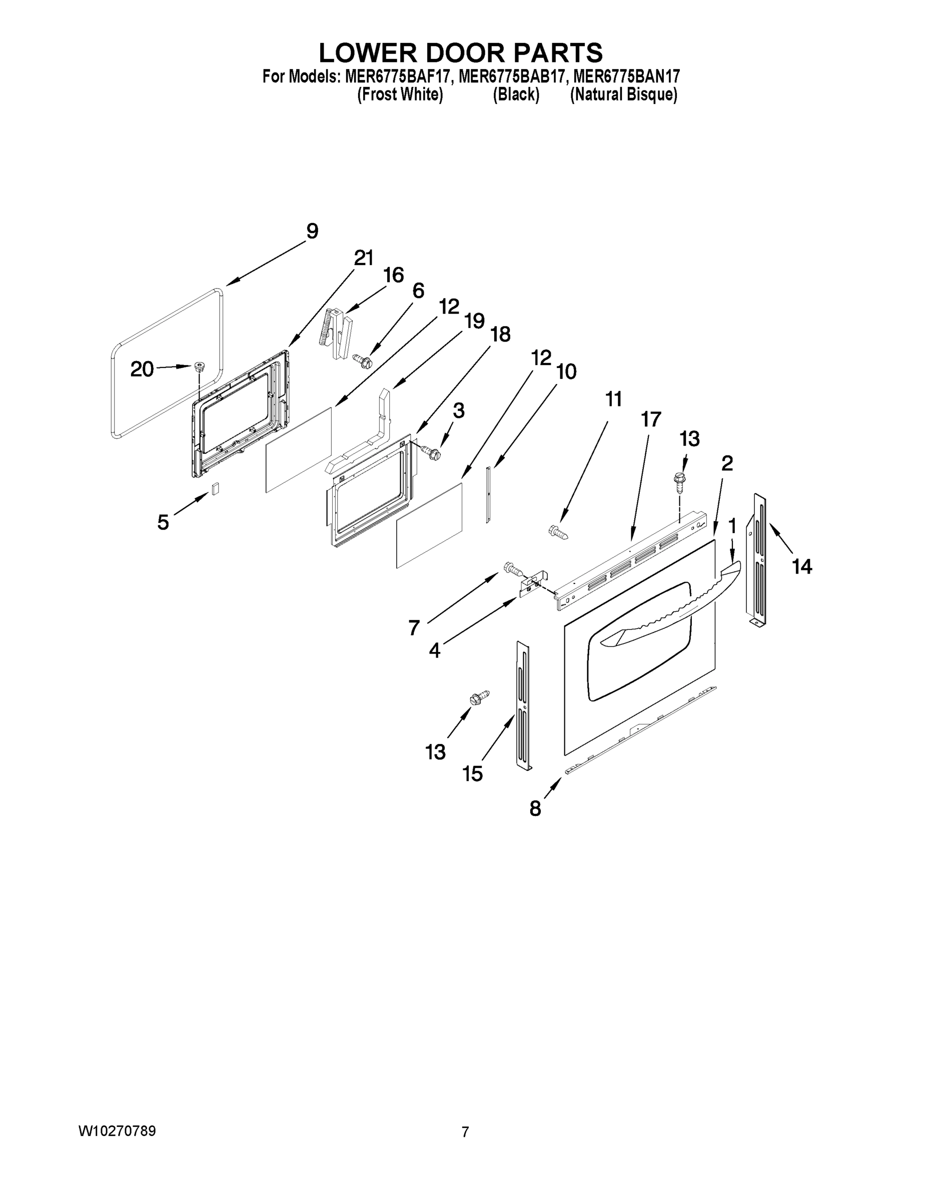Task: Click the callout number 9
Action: [x=312, y=231]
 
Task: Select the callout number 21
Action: [x=363, y=257]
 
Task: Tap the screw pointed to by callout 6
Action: [x=363, y=360]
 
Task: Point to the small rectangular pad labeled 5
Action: [x=216, y=488]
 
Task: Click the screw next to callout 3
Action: [x=430, y=452]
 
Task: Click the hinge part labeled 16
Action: [x=337, y=334]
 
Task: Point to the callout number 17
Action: [x=650, y=419]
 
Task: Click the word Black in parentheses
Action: [x=516, y=95]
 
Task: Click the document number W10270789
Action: [x=117, y=1131]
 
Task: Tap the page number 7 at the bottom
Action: [x=465, y=1132]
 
